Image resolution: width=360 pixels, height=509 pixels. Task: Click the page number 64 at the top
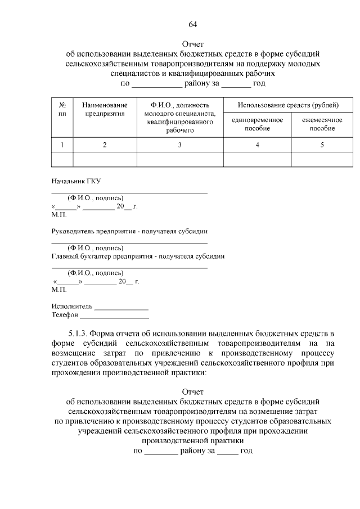click(x=193, y=24)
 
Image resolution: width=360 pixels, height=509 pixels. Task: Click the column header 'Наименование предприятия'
click(x=105, y=109)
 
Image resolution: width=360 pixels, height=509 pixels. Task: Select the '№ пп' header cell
click(x=62, y=109)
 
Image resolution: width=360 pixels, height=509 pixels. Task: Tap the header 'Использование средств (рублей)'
click(x=287, y=105)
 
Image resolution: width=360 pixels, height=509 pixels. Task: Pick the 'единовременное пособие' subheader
click(x=257, y=124)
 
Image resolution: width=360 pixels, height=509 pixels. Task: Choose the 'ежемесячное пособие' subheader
click(x=322, y=124)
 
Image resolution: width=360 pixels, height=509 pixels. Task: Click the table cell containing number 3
click(x=180, y=145)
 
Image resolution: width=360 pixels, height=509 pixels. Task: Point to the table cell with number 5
click(x=322, y=145)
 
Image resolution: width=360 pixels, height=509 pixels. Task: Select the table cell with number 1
click(x=62, y=145)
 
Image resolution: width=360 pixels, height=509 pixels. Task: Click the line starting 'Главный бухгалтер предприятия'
click(x=138, y=256)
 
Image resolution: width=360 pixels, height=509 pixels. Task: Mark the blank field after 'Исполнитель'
click(x=121, y=307)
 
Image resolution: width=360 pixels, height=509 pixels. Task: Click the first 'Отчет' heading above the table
click(x=193, y=44)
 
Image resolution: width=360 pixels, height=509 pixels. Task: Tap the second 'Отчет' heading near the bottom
click(x=193, y=391)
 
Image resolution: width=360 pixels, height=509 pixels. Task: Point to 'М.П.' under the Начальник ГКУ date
click(x=58, y=214)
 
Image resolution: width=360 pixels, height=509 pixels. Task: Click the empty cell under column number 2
click(x=105, y=159)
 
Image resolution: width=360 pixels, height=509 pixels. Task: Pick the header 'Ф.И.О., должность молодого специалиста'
click(x=180, y=118)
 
